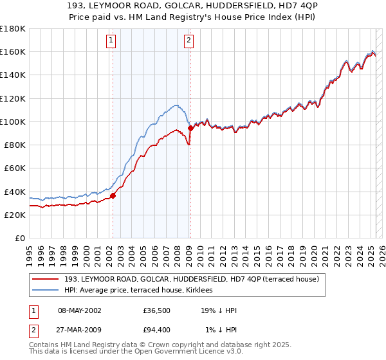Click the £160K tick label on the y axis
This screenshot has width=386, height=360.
(13, 51)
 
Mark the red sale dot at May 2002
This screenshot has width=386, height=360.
(113, 195)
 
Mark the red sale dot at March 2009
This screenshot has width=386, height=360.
(190, 128)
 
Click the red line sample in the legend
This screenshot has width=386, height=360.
(46, 279)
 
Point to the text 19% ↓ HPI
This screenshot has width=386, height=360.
(219, 311)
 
